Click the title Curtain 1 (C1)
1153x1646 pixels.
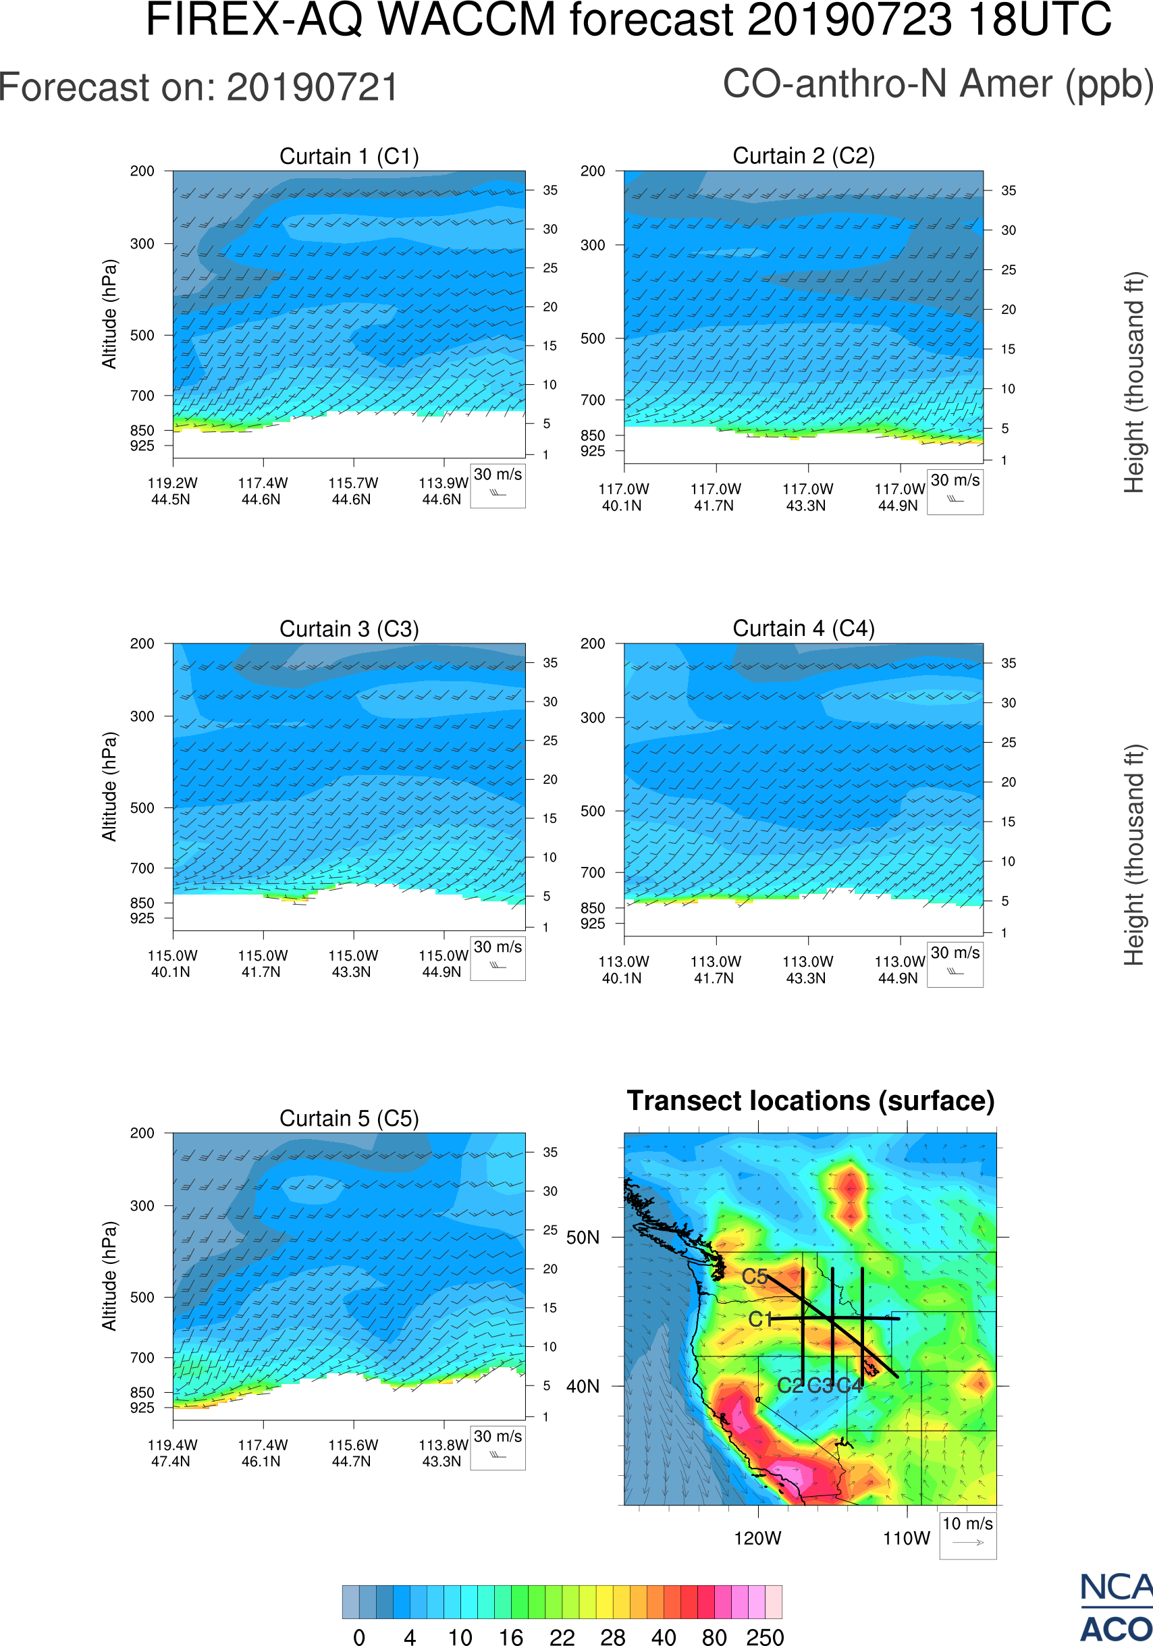click(x=349, y=156)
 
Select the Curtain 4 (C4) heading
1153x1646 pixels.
click(x=803, y=629)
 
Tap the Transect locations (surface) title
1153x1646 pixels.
click(x=811, y=1101)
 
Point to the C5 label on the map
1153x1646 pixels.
click(x=755, y=1277)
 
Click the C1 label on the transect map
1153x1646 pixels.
click(x=760, y=1319)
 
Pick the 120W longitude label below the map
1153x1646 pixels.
click(x=757, y=1539)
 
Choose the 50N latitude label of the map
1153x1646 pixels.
click(x=583, y=1238)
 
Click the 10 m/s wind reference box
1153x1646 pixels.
click(x=967, y=1534)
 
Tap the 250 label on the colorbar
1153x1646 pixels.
click(x=765, y=1637)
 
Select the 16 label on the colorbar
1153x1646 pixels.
click(x=511, y=1637)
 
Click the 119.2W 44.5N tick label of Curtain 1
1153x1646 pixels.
click(x=172, y=491)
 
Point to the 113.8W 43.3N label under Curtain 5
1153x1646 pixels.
click(x=443, y=1453)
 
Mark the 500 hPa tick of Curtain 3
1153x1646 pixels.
click(x=142, y=808)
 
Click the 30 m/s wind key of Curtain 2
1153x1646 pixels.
click(x=955, y=491)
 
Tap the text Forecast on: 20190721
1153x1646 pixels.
click(x=198, y=88)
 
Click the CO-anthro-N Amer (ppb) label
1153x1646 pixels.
click(x=937, y=84)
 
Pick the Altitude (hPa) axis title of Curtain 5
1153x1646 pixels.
click(x=109, y=1276)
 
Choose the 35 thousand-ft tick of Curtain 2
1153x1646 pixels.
click(x=1009, y=190)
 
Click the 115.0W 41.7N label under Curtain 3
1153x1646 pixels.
click(x=263, y=963)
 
